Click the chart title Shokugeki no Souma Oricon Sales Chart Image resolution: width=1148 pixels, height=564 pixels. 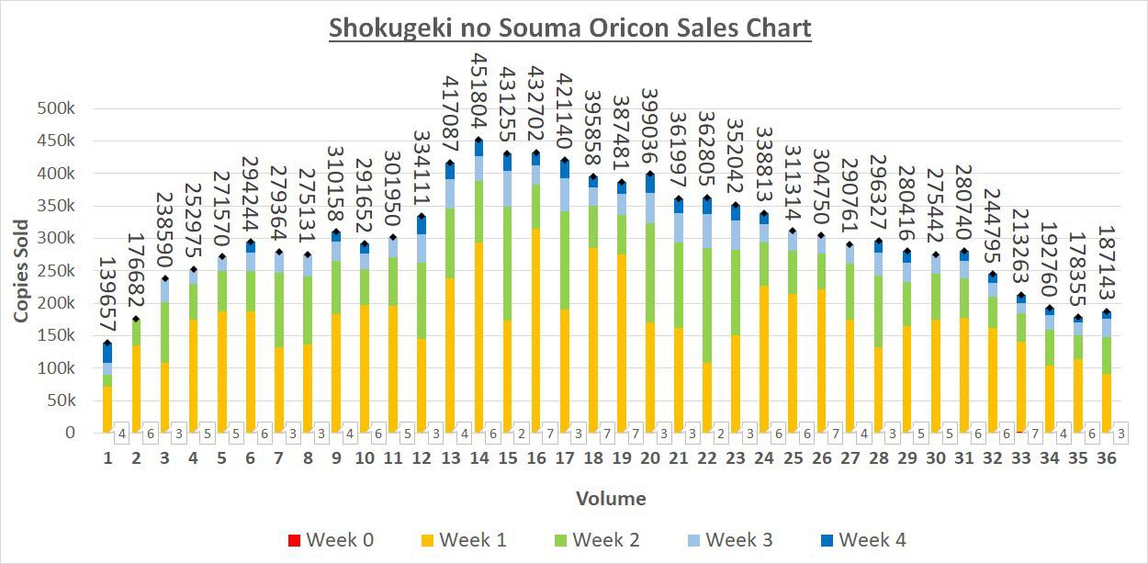570,28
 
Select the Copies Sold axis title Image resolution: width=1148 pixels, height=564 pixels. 20,270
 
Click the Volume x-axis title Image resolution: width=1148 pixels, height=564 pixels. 611,499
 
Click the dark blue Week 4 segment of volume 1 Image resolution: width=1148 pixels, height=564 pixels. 107,353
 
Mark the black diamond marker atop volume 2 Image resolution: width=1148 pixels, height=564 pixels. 136,319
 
